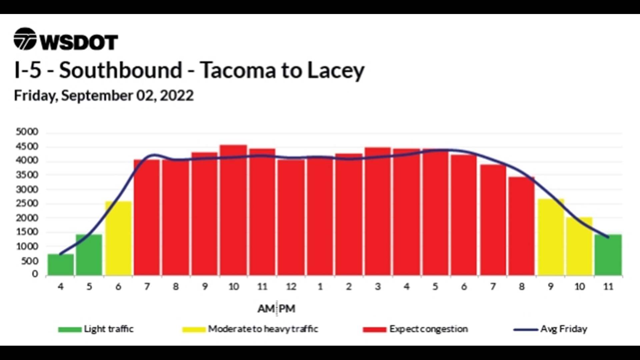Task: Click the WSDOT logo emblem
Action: coord(25,39)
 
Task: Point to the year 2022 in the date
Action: coord(177,96)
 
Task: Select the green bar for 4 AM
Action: coord(60,265)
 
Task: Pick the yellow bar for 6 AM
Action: coord(118,238)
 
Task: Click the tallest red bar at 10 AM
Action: coord(234,210)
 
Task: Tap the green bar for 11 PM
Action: coord(608,255)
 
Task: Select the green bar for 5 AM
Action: coord(89,255)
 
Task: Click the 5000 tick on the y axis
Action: coord(27,132)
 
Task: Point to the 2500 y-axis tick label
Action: coord(27,204)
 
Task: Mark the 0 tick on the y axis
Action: coord(35,274)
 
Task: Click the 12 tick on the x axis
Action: coord(291,287)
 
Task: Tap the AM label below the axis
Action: coord(266,309)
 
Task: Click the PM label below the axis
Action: coord(287,309)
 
